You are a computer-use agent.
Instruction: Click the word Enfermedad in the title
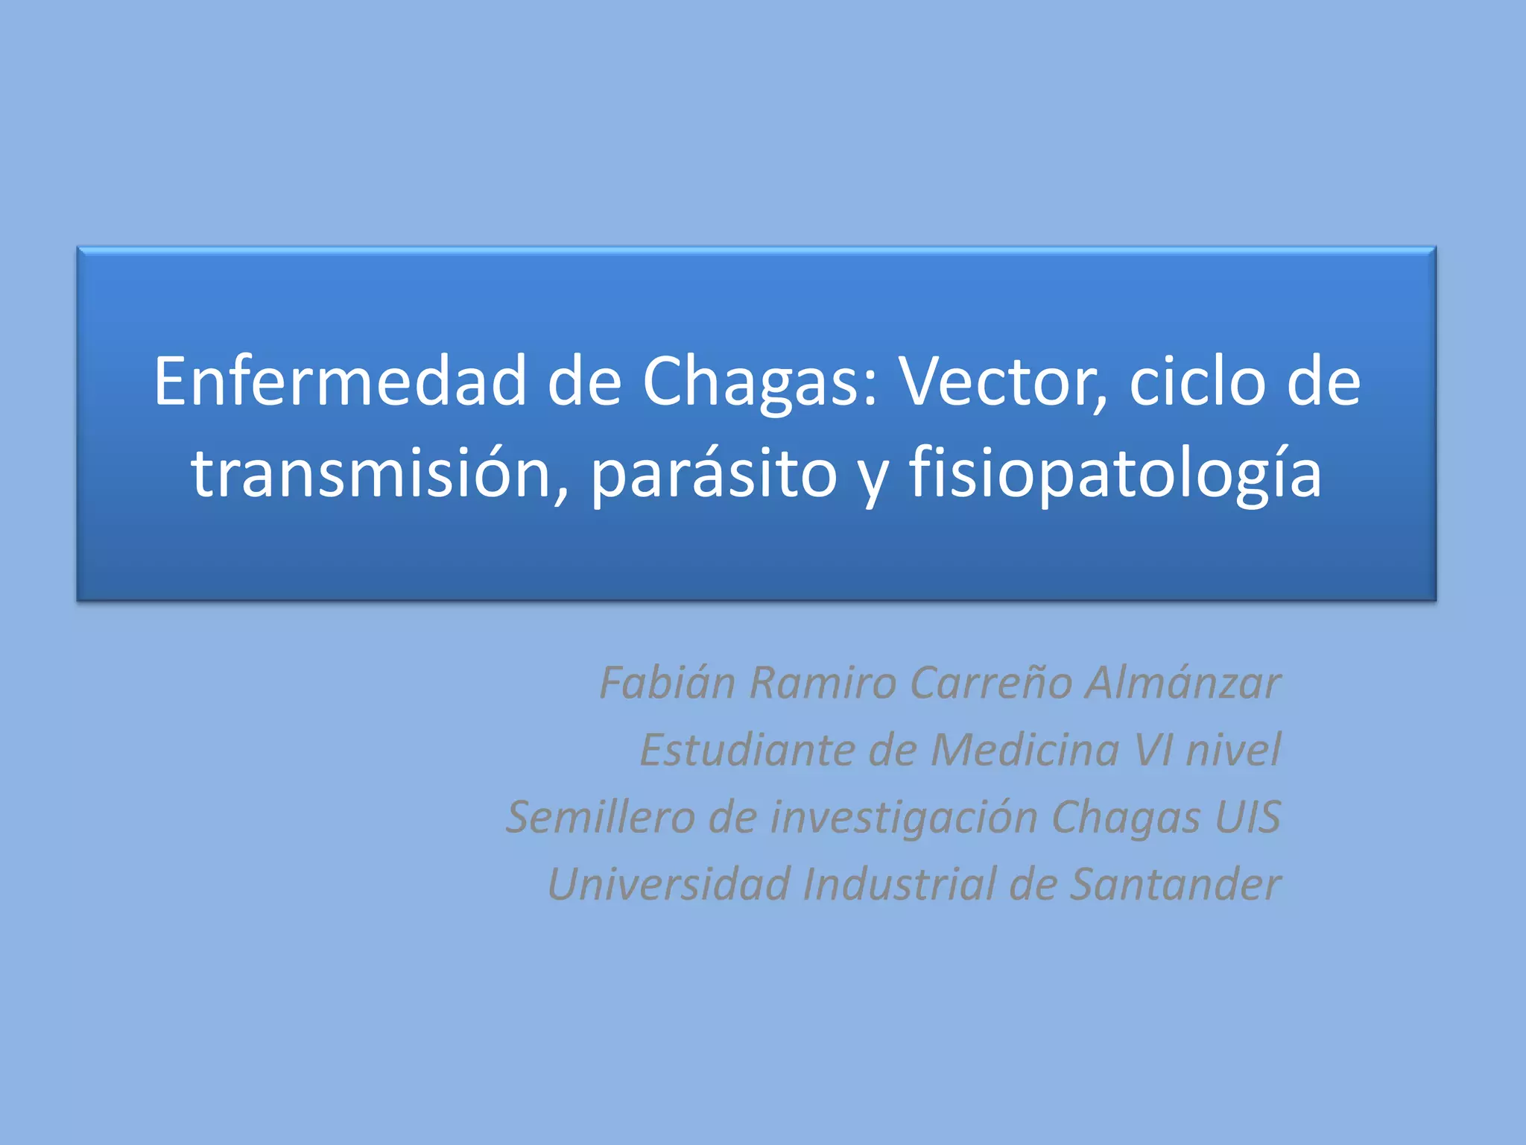click(341, 382)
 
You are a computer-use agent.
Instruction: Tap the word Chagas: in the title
click(761, 382)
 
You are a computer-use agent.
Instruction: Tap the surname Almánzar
click(1183, 682)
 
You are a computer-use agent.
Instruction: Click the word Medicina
click(1025, 749)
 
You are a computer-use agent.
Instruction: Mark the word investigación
click(904, 816)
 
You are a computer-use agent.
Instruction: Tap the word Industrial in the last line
click(899, 884)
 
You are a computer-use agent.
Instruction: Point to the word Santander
click(1175, 884)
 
